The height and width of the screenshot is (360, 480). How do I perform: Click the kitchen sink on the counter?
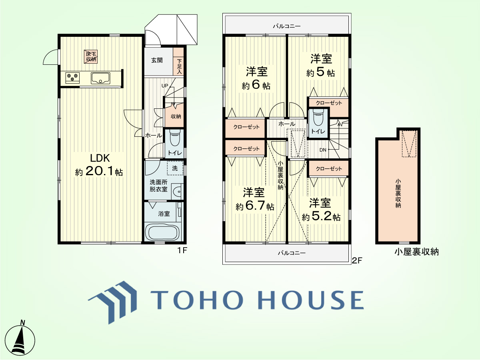100,78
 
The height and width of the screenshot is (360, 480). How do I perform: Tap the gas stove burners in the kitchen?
72,78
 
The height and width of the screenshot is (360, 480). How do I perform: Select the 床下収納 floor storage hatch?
91,56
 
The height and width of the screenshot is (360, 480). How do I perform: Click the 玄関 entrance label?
157,60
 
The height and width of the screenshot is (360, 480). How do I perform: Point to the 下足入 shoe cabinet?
178,62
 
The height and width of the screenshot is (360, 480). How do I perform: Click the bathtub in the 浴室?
163,232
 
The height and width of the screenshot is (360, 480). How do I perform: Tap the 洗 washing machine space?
175,168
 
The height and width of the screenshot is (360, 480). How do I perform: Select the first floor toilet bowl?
175,138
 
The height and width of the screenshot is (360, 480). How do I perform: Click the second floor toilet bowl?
318,118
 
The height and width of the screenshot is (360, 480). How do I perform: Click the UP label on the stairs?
165,86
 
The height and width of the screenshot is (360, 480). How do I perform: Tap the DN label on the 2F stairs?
323,150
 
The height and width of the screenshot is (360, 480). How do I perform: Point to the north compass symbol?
20,339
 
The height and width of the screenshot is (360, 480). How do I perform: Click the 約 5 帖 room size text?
320,73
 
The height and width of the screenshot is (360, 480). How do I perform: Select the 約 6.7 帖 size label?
255,206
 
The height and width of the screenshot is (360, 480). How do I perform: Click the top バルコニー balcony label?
287,26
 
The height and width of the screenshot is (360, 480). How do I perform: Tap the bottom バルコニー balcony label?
292,253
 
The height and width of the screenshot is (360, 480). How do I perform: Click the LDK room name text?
100,158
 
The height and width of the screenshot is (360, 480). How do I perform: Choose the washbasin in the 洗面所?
177,192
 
